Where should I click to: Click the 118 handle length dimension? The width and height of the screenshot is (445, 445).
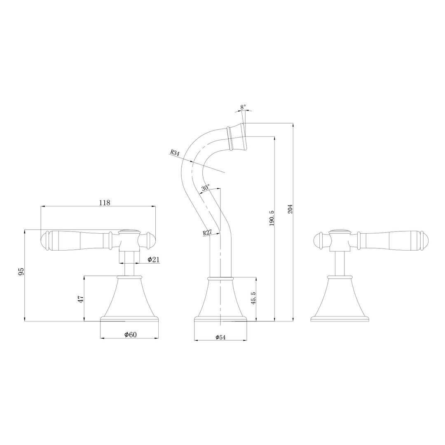point(104,202)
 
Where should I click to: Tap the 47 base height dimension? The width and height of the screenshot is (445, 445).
point(81,298)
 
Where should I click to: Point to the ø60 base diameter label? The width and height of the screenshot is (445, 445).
point(130,335)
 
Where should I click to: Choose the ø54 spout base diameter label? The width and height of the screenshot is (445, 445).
point(220,337)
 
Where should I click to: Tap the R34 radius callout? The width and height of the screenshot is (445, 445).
point(175,152)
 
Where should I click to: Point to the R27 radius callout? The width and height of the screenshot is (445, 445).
point(207,233)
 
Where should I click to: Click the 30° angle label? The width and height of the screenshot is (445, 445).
point(206,188)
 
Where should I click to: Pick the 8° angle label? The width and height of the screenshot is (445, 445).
point(243,107)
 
